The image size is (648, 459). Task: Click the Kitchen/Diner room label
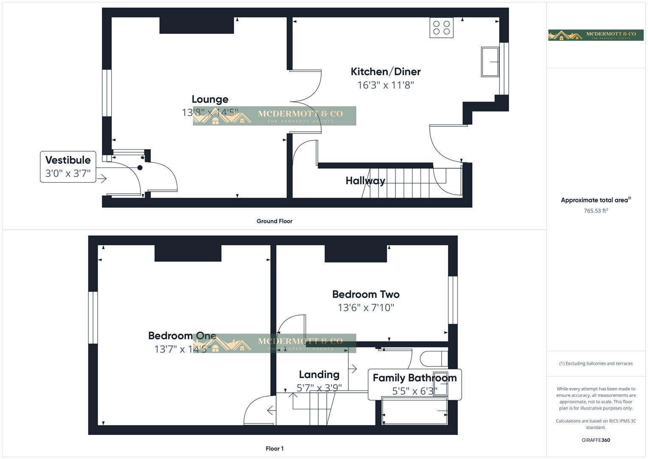click(385, 71)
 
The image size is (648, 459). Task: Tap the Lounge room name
click(210, 99)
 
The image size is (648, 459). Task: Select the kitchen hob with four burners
click(441, 28)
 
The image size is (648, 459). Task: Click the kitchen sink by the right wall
click(490, 62)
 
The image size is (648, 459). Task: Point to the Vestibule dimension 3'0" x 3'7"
click(68, 173)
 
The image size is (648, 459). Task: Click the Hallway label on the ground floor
click(365, 181)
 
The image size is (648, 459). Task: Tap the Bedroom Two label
click(365, 294)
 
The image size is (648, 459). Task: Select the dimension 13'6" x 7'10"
click(365, 307)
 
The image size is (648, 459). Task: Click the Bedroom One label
click(182, 335)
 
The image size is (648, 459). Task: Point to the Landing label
click(319, 374)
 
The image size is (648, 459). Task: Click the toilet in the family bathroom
click(433, 359)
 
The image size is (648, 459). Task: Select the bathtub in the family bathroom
click(415, 411)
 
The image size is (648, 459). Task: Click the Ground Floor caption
click(274, 221)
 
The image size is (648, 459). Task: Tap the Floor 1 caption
click(274, 448)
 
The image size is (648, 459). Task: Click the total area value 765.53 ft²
click(595, 210)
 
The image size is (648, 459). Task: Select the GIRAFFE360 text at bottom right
click(595, 440)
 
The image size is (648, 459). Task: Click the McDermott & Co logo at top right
click(595, 35)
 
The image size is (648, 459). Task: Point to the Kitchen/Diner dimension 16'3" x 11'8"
click(385, 85)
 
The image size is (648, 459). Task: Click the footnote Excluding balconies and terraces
click(595, 363)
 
